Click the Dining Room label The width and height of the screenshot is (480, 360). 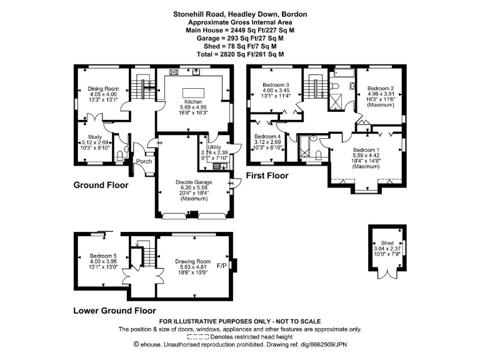point(103,89)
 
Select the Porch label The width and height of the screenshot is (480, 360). point(145,161)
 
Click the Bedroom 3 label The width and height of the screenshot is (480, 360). point(275,85)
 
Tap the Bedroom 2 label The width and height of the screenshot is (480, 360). point(379,89)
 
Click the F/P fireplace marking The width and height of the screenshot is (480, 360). point(221,266)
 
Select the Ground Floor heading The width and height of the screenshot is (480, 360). point(101,185)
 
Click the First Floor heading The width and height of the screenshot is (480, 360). point(267,176)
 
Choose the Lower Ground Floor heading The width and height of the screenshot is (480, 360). point(114,310)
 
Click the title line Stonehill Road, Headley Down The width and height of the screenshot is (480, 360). point(240,14)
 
